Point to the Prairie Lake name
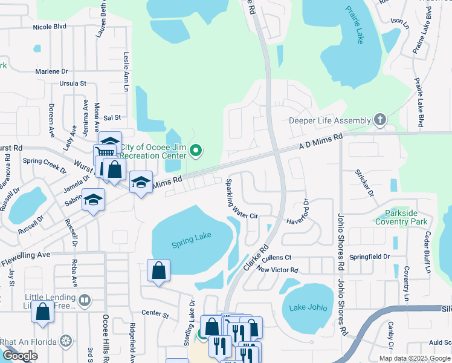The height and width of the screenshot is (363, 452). [x=356, y=25]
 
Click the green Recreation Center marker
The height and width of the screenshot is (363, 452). [x=196, y=151]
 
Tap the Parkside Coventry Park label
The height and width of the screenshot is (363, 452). [x=402, y=218]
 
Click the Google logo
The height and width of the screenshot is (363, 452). [x=20, y=356]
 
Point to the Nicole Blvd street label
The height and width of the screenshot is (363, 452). [x=50, y=27]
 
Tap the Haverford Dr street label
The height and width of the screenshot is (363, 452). [x=300, y=212]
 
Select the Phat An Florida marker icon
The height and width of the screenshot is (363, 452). [x=66, y=341]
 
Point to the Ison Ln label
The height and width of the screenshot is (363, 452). [x=397, y=21]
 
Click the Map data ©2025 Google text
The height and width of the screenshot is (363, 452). [x=414, y=358]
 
